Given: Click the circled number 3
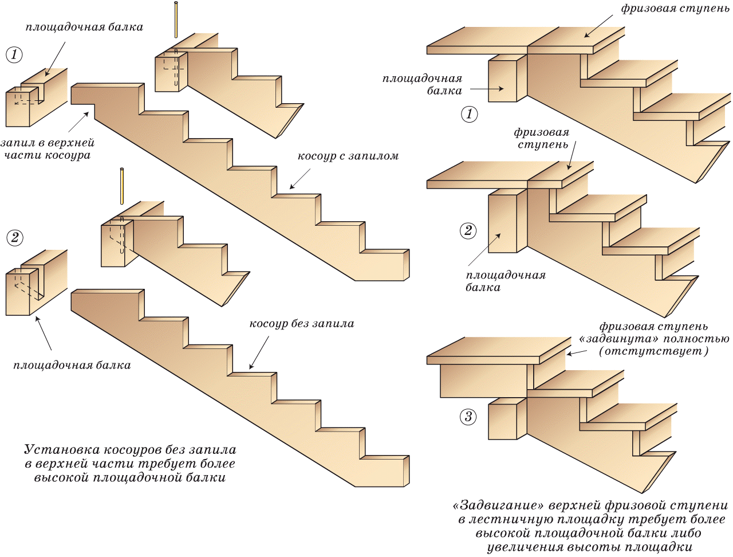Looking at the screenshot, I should (x=468, y=417).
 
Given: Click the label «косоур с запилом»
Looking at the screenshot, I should (x=348, y=156).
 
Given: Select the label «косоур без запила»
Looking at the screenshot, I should (x=302, y=324).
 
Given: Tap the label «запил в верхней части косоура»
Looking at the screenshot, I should (x=48, y=149).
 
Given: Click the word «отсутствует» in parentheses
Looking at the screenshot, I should (x=653, y=351).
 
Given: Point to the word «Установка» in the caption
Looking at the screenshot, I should (x=63, y=450).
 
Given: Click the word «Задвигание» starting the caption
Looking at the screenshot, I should (x=498, y=506).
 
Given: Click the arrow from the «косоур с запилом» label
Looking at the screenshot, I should (x=300, y=179).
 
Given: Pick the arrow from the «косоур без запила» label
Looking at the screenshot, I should (x=259, y=351).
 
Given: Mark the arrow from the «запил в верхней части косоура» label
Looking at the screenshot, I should (x=78, y=122).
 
